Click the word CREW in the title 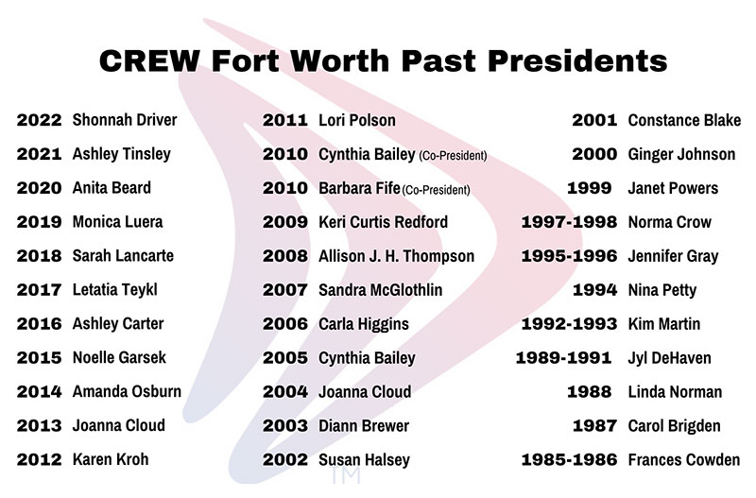point(149,61)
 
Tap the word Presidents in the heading point(577,61)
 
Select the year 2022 point(39,120)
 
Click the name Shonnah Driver point(125,120)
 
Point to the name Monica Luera point(117,222)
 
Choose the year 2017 point(39,290)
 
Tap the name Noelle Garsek point(119,358)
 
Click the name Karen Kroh point(111,459)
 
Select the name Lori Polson point(357,120)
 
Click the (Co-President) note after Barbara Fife point(436,190)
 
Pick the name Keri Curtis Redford point(383,222)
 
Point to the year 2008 point(285,256)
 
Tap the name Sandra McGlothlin point(381,290)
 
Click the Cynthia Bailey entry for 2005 point(367,358)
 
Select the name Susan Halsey point(364,460)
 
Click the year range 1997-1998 point(569,222)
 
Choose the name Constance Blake point(684,120)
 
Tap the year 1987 point(594,425)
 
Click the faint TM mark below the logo point(346,476)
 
